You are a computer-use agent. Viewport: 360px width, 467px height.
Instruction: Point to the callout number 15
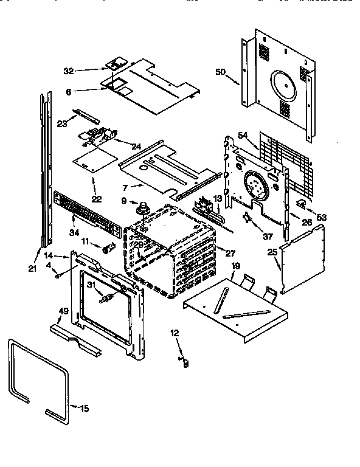pos(85,408)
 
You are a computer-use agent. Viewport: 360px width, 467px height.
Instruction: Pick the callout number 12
pos(175,333)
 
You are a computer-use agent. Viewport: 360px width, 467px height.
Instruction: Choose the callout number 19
pos(235,266)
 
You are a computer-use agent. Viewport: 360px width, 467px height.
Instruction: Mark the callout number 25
pos(272,251)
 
